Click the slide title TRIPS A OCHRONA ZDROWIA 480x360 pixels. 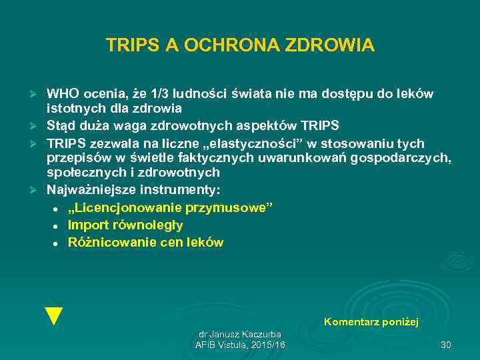(240, 45)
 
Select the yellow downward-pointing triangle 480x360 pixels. (53, 316)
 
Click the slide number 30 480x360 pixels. (446, 345)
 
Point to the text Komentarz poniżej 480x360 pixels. (371, 322)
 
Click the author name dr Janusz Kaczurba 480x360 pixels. (240, 333)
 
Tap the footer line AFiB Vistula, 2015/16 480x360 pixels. (240, 345)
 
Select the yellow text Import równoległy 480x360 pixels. (125, 225)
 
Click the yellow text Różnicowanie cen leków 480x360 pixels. (145, 243)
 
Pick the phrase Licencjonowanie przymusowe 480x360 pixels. (170, 207)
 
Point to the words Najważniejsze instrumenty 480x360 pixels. (133, 190)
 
